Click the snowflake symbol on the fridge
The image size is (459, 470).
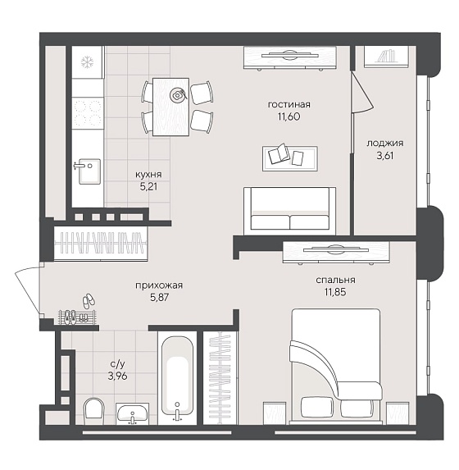(87, 62)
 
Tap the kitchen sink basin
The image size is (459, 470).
(89, 171)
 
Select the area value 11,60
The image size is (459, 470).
(289, 116)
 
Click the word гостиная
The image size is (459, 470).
(289, 105)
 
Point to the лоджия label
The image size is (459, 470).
(385, 144)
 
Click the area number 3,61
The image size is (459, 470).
(385, 156)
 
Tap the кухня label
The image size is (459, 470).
(148, 175)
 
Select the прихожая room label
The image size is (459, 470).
(159, 285)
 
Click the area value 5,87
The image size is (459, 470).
(159, 298)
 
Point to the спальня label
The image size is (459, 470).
(335, 280)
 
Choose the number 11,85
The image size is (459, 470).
(335, 292)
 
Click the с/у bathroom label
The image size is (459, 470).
(117, 364)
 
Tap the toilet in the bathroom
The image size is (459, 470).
(93, 410)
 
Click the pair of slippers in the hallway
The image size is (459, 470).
(88, 301)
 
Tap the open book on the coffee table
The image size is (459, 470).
(279, 153)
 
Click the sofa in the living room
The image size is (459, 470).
(289, 211)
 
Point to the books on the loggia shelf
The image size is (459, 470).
(385, 57)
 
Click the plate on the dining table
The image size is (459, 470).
(177, 95)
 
